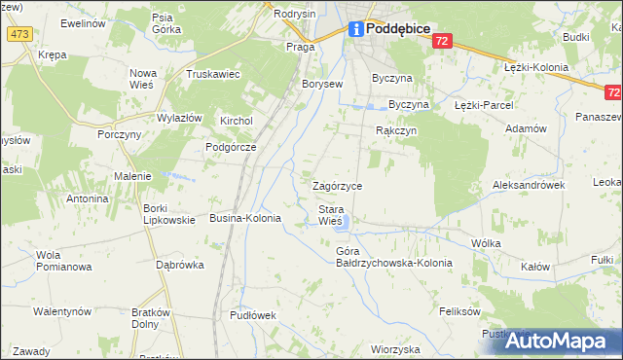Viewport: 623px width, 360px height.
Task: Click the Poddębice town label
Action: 399,29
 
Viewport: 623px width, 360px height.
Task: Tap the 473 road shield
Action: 18,34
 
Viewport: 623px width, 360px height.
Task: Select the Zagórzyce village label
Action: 337,186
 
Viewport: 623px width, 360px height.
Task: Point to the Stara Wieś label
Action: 331,215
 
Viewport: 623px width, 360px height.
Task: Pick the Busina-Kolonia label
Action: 245,219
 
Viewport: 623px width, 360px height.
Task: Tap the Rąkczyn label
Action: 396,130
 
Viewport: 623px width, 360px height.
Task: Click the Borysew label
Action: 322,84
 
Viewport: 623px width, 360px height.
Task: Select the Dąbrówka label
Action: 179,264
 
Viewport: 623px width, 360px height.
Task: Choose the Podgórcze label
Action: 230,147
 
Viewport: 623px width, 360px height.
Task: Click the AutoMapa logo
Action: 550,342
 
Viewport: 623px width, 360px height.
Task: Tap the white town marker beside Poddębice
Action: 356,29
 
